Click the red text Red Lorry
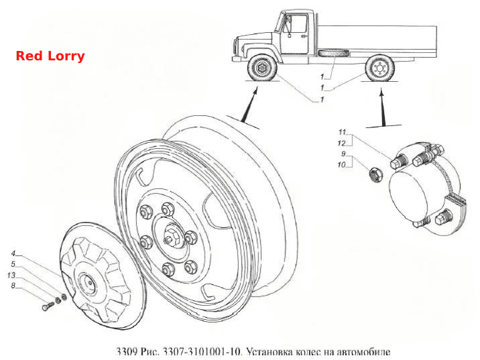(x=50, y=56)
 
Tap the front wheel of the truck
(x=262, y=68)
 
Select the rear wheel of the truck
(x=379, y=68)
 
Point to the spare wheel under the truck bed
(x=333, y=53)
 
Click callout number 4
(x=13, y=253)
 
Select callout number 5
(x=13, y=264)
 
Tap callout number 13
(x=11, y=276)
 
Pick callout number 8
(x=13, y=286)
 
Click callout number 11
(x=342, y=132)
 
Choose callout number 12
(x=341, y=143)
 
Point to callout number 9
(x=343, y=154)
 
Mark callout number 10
(x=341, y=165)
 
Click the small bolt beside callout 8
(x=48, y=306)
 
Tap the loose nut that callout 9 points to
(x=375, y=175)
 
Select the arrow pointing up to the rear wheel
(x=382, y=107)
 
